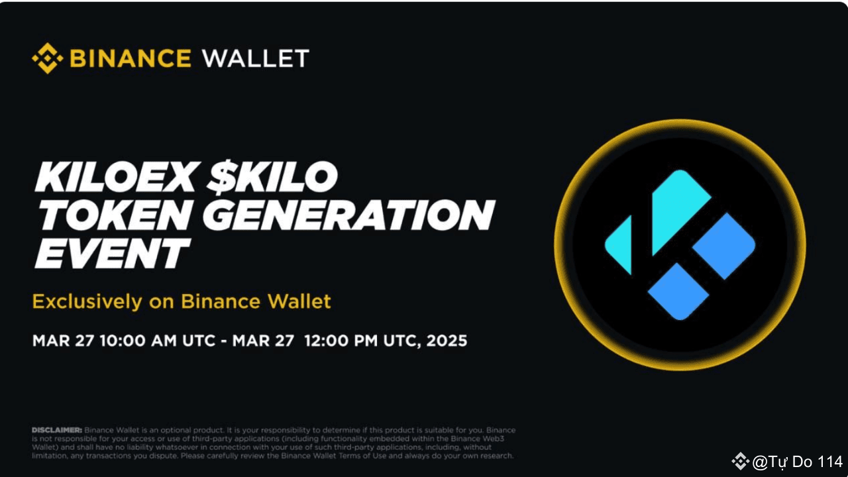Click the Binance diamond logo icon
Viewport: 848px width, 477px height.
coord(47,58)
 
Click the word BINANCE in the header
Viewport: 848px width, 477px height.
coord(131,58)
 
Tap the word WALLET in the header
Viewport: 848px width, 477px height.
coord(256,58)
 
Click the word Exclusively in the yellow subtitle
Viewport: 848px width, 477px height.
coord(86,302)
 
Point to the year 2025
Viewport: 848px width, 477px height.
coord(447,341)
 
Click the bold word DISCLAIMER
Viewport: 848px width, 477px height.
coord(57,430)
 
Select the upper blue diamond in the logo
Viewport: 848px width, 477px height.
coord(724,246)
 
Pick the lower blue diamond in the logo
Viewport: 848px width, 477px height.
coord(678,291)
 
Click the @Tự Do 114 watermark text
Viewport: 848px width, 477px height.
coord(797,462)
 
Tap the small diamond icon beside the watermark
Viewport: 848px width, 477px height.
coord(740,461)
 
